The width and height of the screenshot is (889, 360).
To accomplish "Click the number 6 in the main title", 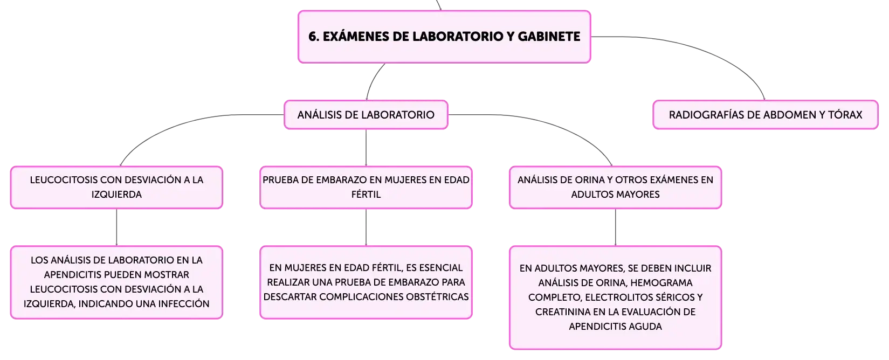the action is pos(312,37).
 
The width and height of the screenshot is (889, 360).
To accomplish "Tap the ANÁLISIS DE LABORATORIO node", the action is pos(366,115).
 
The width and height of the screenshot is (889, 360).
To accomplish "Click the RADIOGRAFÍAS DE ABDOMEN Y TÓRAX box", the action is pos(766,115).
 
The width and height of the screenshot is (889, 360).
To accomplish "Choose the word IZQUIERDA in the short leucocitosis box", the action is pos(116,195).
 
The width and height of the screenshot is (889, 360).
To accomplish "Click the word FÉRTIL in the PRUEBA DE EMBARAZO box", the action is pos(366,195).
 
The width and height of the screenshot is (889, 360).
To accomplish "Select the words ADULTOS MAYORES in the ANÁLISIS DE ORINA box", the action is pos(615,195).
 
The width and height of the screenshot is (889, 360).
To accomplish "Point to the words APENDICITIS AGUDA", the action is pos(615,327).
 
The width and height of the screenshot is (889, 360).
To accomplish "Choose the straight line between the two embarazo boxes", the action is pos(366,227).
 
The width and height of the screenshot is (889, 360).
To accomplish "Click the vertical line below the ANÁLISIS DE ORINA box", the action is pos(616,227).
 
